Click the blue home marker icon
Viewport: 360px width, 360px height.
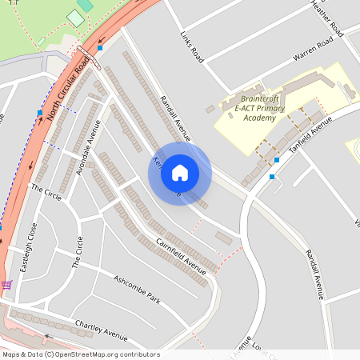(180, 172)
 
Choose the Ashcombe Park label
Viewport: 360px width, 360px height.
(137, 290)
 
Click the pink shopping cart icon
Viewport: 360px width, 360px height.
(6, 284)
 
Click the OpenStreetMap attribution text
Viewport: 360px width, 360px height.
(81, 354)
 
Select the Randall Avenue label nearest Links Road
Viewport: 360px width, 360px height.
(174, 119)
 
